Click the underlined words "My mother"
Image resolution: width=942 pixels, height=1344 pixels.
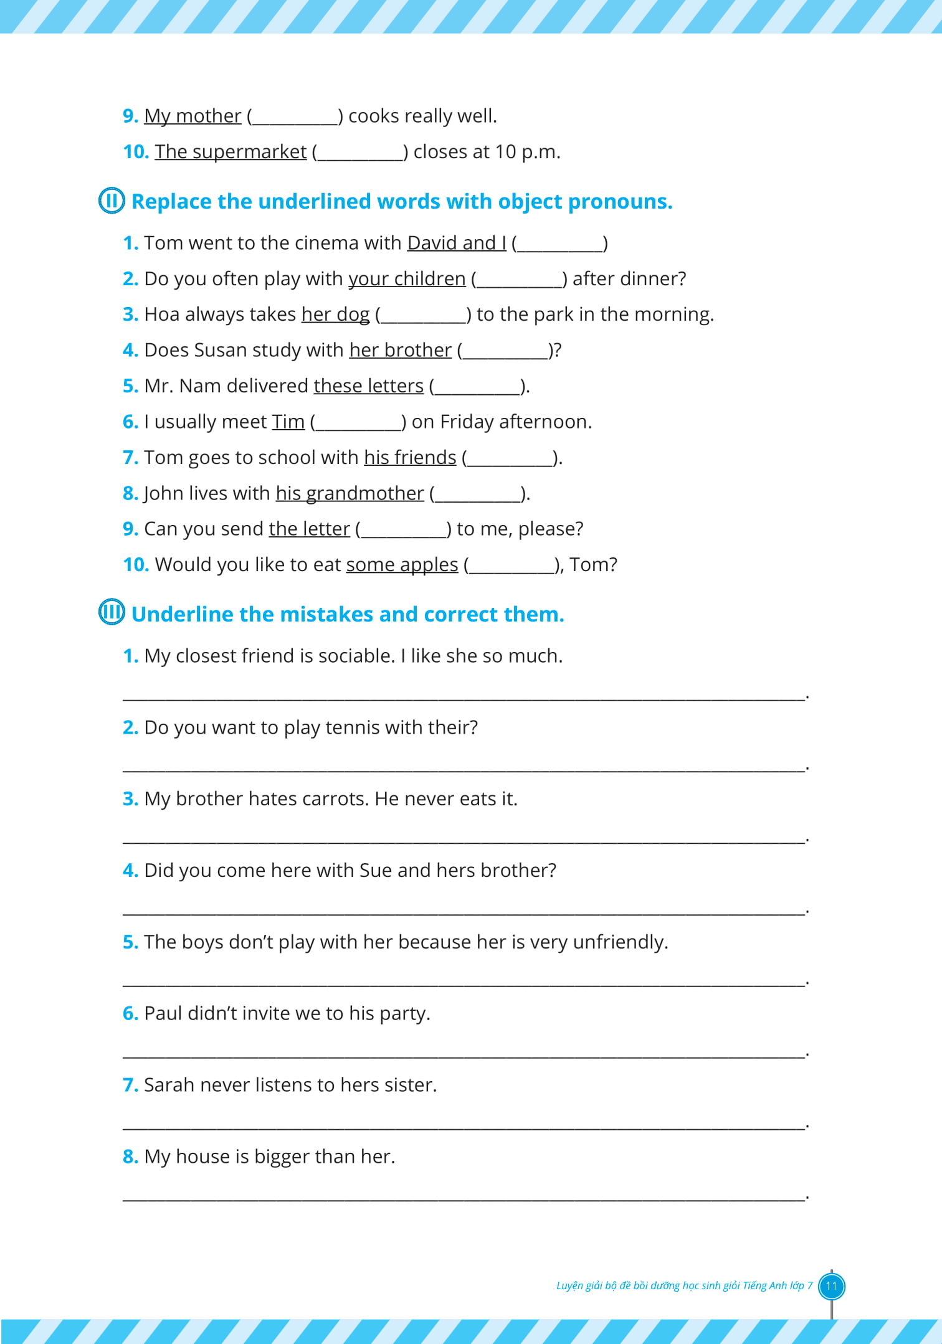193,116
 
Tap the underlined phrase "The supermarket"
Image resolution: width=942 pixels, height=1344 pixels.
231,151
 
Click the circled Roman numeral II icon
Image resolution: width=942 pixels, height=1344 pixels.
112,201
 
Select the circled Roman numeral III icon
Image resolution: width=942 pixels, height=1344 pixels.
112,612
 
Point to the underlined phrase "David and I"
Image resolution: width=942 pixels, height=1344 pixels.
457,243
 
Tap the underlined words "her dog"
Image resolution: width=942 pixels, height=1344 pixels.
335,315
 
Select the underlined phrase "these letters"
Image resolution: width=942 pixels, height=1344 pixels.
368,386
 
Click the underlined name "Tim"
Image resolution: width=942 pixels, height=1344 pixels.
288,422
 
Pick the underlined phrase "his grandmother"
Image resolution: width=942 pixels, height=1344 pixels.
350,493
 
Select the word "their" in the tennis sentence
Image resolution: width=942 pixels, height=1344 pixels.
452,727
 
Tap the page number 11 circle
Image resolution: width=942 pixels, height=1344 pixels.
831,1286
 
